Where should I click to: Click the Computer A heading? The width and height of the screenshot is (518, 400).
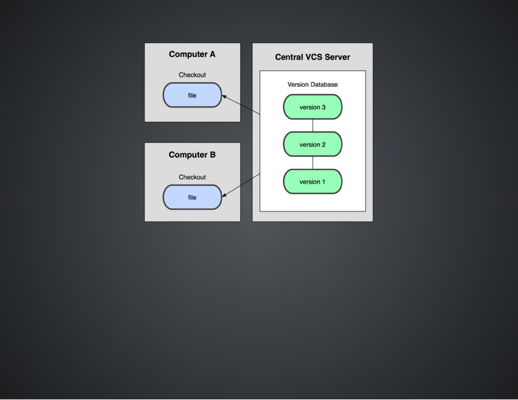(x=192, y=54)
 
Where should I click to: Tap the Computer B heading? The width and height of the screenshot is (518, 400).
(x=192, y=155)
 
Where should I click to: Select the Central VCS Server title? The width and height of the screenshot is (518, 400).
(x=312, y=57)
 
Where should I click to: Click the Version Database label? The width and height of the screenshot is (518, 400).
(x=312, y=84)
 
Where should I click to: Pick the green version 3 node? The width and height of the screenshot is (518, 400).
(x=312, y=107)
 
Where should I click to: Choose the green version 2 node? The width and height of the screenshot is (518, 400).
(x=312, y=145)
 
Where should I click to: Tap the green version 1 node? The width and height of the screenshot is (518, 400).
(x=312, y=182)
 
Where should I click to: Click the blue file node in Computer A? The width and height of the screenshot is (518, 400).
(x=192, y=95)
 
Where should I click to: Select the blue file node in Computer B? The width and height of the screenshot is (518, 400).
(x=192, y=197)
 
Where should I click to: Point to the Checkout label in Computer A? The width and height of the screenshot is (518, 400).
(x=192, y=75)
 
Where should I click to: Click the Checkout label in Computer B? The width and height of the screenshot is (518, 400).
(x=192, y=177)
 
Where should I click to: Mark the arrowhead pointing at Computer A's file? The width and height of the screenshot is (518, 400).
(x=224, y=96)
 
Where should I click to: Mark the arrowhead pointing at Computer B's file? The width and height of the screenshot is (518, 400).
(x=224, y=195)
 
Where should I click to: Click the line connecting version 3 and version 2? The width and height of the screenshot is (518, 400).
(x=313, y=125)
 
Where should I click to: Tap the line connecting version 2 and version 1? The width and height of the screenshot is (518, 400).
(x=313, y=163)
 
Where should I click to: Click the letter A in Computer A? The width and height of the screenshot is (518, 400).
(x=212, y=54)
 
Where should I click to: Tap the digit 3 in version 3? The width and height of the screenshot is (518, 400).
(x=323, y=107)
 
